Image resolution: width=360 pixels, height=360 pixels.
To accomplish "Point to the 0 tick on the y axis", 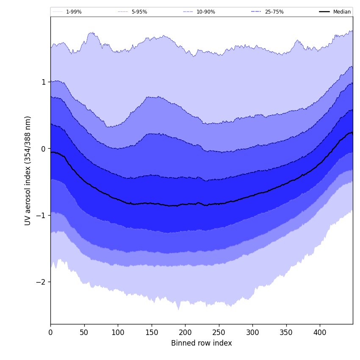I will [x=44, y=149].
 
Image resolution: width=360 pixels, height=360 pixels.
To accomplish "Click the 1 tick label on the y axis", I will [x=44, y=82].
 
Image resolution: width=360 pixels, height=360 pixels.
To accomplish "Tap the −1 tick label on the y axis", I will [x=42, y=215].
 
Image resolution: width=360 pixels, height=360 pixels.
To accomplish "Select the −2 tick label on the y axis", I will [x=42, y=282].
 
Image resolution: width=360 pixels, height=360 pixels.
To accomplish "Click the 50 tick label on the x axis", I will [x=84, y=333].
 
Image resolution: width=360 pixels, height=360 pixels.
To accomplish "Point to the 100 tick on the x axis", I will [x=118, y=333].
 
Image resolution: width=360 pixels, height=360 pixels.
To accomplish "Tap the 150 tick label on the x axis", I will [x=152, y=333].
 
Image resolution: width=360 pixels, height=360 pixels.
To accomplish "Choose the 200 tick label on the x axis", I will [x=185, y=333].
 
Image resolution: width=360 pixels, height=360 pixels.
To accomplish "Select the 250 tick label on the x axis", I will [x=219, y=333].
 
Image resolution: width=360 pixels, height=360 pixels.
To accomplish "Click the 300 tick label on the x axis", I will [x=252, y=333].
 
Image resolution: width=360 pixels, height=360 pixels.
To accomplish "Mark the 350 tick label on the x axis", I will [x=286, y=333].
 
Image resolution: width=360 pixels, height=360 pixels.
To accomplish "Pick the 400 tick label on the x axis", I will [x=320, y=333].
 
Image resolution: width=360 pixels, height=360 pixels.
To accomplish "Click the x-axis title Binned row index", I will [x=202, y=343].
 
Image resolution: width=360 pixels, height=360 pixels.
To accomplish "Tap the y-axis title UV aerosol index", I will [x=28, y=170].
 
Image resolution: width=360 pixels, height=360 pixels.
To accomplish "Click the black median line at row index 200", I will [x=185, y=204].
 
